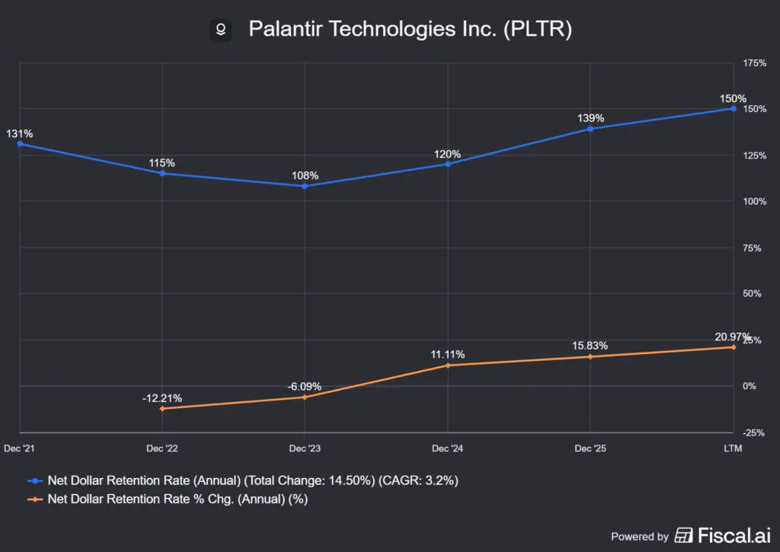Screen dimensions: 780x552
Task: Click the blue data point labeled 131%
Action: (20, 144)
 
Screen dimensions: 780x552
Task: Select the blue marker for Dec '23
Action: (305, 187)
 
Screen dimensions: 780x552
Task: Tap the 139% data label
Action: (590, 118)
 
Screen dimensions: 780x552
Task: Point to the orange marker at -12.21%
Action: (162, 409)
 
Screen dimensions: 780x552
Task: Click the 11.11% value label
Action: (448, 355)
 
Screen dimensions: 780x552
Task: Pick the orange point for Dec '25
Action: (590, 356)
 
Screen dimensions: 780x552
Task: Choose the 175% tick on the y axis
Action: (755, 63)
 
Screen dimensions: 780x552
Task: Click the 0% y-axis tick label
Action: (750, 386)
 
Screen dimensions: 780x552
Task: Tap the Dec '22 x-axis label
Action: (162, 448)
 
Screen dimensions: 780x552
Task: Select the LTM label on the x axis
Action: (733, 448)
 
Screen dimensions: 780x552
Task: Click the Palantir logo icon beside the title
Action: (221, 30)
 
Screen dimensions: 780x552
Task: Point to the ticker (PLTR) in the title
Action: (538, 29)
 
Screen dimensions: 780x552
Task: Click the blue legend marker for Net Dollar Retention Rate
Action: (35, 481)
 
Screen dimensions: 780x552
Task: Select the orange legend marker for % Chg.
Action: (35, 499)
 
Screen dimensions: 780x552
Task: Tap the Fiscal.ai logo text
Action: (734, 535)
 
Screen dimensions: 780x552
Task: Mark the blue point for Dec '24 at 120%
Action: (448, 164)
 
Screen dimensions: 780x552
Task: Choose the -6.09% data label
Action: (305, 387)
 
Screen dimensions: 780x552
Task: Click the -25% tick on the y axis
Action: (753, 432)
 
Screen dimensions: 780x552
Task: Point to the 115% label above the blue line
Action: (161, 163)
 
